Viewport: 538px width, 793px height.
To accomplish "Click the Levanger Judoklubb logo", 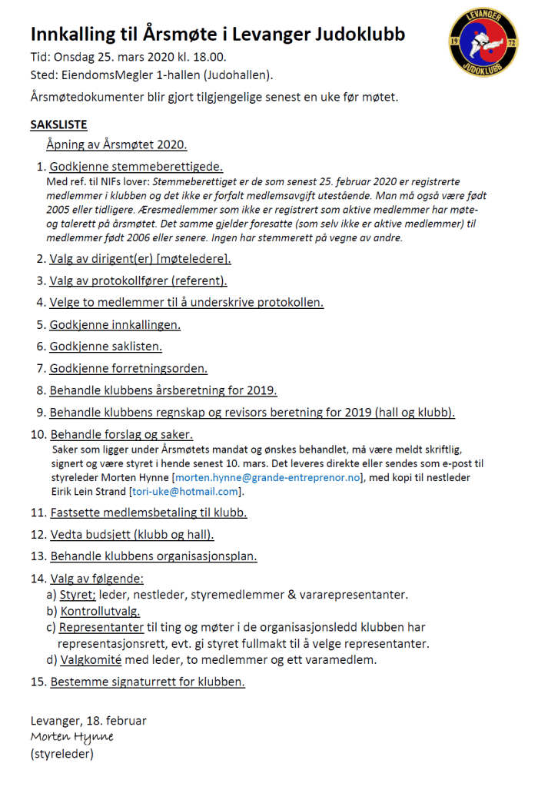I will pos(483,42).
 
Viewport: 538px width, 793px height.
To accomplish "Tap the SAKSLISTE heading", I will pos(58,124).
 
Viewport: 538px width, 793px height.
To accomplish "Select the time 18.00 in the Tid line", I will pos(209,58).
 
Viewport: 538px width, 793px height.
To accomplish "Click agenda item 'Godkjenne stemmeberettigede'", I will pos(136,167).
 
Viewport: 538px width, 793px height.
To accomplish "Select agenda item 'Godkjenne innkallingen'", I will pos(115,324).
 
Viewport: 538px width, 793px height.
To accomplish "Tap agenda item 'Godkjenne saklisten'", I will pos(106,347).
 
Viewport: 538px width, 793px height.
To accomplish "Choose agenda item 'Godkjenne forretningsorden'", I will pos(128,368).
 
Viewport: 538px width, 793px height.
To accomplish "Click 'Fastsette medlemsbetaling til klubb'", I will pos(148,512).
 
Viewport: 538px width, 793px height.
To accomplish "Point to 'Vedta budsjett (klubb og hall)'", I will pos(131,534).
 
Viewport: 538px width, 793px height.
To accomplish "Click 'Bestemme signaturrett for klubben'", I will pos(148,682).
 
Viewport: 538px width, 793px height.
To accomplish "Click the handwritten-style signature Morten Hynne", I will pos(71,737).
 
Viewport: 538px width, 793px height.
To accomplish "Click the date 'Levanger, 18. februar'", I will pos(88,721).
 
